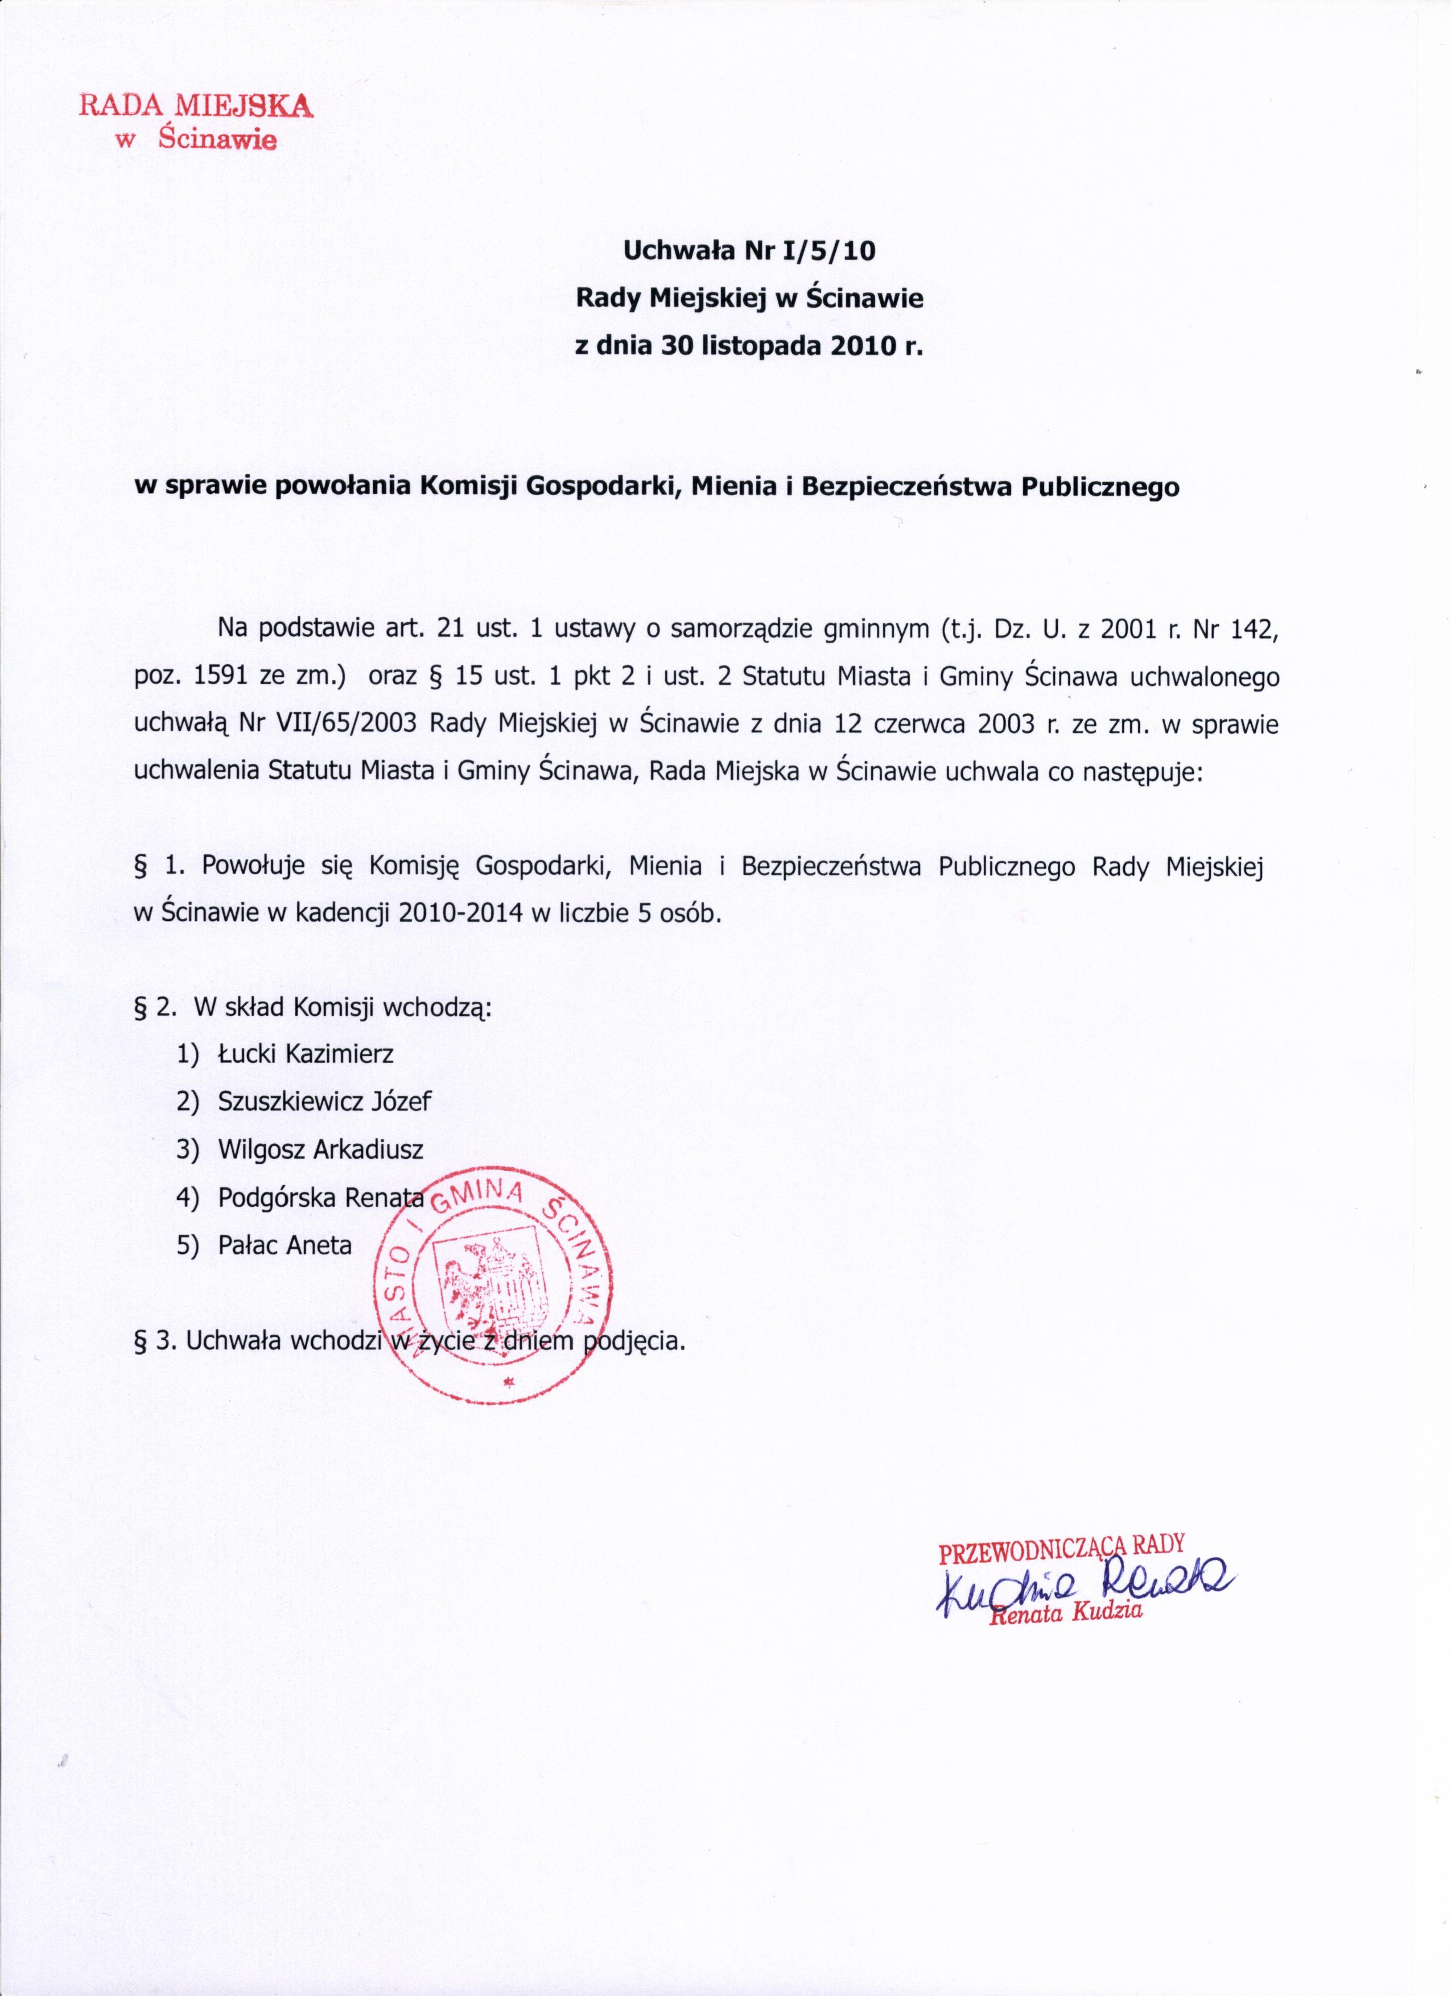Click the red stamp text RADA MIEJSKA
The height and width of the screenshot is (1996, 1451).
pyautogui.click(x=195, y=106)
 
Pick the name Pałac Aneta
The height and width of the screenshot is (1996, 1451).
pyautogui.click(x=284, y=1245)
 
